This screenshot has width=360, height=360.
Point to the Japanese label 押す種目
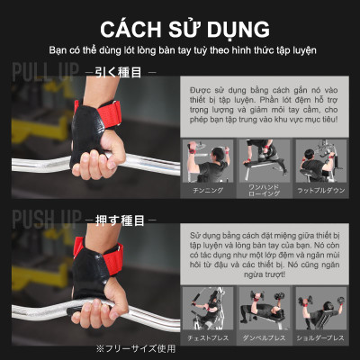tap(116, 219)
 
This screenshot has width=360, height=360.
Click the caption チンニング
tap(208, 191)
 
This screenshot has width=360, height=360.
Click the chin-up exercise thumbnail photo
tap(208, 162)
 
